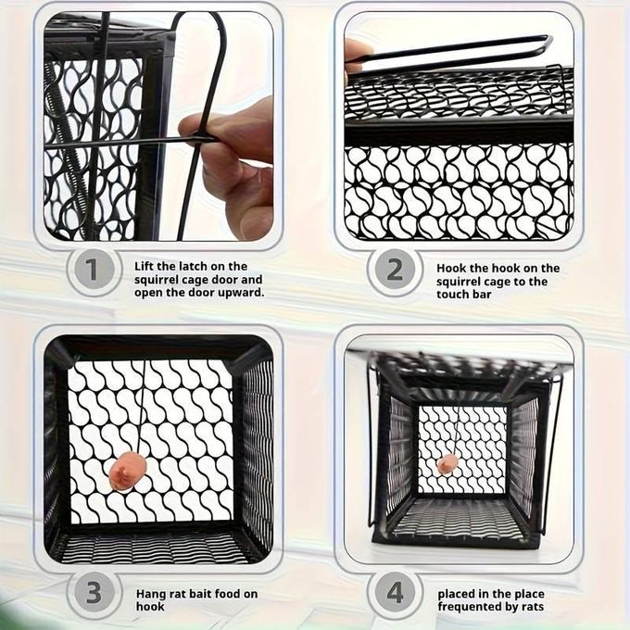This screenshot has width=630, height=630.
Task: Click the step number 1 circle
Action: click(93, 270)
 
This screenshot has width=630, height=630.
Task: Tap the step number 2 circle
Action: click(394, 270)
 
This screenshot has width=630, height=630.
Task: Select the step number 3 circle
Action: click(94, 593)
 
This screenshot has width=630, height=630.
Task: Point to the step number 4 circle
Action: click(395, 593)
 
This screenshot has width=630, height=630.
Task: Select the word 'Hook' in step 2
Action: click(450, 268)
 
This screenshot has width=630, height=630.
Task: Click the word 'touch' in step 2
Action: click(452, 295)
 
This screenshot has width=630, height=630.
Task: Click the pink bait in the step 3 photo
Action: click(127, 471)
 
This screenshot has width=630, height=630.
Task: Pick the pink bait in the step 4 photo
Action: click(447, 464)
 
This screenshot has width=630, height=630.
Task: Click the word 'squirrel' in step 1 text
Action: click(157, 280)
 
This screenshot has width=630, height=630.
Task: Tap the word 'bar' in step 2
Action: click(482, 295)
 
